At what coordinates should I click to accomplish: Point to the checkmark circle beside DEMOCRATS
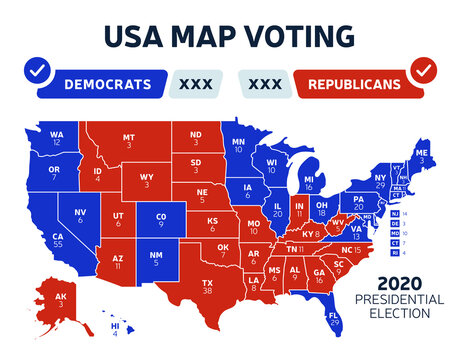tap(37, 72)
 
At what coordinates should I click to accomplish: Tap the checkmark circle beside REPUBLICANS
tap(423, 72)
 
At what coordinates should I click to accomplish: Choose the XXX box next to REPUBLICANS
tap(264, 82)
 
